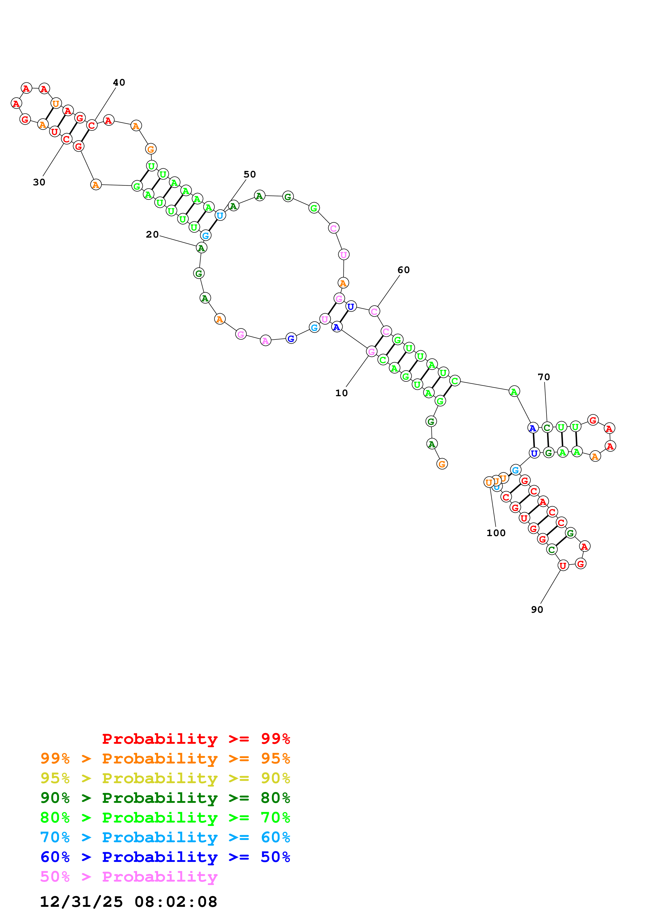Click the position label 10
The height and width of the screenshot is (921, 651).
(341, 393)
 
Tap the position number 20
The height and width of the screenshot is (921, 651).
(152, 235)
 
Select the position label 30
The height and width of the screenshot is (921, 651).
(39, 182)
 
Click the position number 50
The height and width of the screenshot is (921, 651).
(249, 175)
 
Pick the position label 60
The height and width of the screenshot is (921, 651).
(404, 270)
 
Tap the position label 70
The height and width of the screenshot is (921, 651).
(544, 377)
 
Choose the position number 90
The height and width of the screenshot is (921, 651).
(537, 610)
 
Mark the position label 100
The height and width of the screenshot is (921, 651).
(496, 533)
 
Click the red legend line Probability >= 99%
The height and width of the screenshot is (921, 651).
(196, 739)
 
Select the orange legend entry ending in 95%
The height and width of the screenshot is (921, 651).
(165, 758)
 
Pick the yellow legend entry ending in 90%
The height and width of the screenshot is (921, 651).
(165, 778)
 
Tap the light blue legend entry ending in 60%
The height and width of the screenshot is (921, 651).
(165, 837)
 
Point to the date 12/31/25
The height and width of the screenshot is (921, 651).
(81, 902)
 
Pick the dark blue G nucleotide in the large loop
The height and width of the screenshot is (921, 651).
(291, 339)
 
